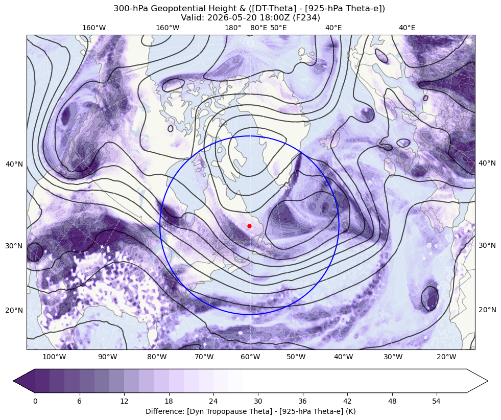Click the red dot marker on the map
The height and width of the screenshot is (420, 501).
click(x=249, y=226)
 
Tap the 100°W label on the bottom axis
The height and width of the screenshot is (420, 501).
click(x=54, y=357)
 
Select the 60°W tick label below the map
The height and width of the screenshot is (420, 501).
click(x=250, y=357)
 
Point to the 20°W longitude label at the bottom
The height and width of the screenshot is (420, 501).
click(x=446, y=357)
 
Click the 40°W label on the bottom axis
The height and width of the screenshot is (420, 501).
click(x=344, y=357)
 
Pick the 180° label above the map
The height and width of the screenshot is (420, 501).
click(x=233, y=28)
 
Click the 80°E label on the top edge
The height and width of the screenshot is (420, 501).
click(x=259, y=28)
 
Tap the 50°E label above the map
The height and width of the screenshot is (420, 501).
click(x=278, y=28)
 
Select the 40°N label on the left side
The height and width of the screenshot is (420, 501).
click(x=14, y=165)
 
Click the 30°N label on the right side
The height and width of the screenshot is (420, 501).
click(x=487, y=245)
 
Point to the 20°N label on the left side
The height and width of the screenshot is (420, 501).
click(x=14, y=310)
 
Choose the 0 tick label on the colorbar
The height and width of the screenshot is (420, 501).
click(x=35, y=401)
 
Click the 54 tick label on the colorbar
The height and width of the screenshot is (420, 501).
click(x=437, y=401)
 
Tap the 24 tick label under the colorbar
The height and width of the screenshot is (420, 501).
click(x=213, y=401)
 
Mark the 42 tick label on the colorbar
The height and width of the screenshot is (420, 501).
click(x=347, y=401)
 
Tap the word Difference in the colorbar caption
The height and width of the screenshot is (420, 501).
click(x=162, y=411)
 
